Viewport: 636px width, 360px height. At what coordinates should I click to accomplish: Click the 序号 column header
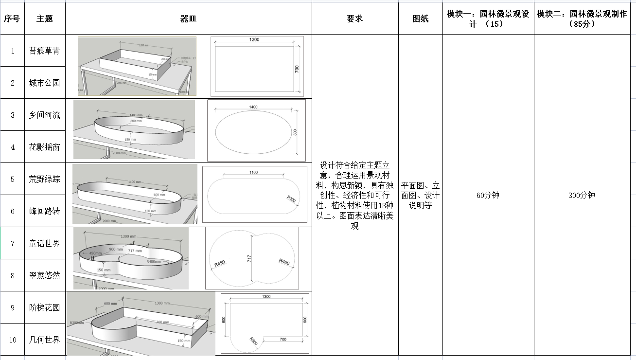click(x=12, y=19)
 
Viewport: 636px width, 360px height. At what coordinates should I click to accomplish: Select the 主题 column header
click(x=44, y=19)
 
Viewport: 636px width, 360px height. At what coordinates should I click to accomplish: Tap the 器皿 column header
click(x=188, y=19)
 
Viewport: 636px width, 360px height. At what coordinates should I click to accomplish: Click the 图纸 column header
click(x=420, y=19)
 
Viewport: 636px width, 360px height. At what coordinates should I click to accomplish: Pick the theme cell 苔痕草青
click(x=44, y=51)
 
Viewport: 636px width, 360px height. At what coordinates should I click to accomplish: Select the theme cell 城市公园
click(x=44, y=83)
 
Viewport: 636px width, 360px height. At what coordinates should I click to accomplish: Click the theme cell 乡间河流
click(x=44, y=115)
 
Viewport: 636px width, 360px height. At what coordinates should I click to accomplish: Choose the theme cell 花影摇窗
click(x=44, y=147)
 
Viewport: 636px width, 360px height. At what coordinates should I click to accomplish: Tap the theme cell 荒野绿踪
click(x=44, y=179)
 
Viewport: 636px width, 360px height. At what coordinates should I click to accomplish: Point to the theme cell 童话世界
click(x=44, y=243)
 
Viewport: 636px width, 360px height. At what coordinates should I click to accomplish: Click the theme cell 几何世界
click(x=44, y=340)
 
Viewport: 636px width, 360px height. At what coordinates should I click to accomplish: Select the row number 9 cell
click(x=13, y=307)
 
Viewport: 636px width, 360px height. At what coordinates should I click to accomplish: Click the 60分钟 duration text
click(x=488, y=196)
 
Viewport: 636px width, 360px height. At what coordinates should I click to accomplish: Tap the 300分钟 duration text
click(x=582, y=196)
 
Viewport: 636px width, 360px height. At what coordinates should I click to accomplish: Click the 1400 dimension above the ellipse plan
click(x=253, y=107)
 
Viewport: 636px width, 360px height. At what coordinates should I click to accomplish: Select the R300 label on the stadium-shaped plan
click(x=292, y=199)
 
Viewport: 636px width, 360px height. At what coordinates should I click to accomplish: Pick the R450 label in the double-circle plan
click(x=220, y=264)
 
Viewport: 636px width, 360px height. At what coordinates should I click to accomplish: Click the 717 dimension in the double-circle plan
click(x=249, y=258)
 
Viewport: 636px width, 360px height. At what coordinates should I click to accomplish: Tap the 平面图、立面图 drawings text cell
click(x=420, y=195)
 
